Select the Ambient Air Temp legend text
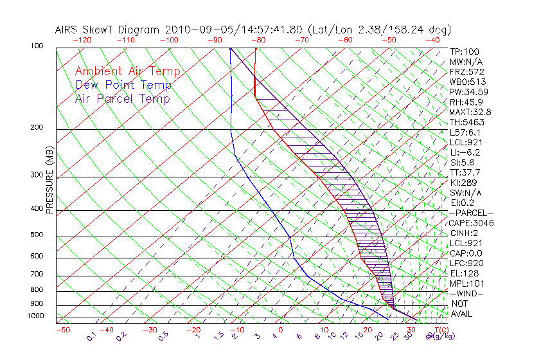[x=127, y=71]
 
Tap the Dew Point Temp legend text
[x=123, y=85]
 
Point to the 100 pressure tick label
[x=37, y=46]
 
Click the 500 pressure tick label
[x=37, y=235]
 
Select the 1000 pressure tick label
[x=35, y=316]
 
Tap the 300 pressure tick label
[x=37, y=175]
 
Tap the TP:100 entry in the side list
[x=464, y=51]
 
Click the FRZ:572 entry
[x=466, y=71]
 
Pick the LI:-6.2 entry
[x=465, y=152]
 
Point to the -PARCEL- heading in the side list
[x=471, y=213]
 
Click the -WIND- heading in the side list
[x=466, y=293]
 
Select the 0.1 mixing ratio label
[x=91, y=336]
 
